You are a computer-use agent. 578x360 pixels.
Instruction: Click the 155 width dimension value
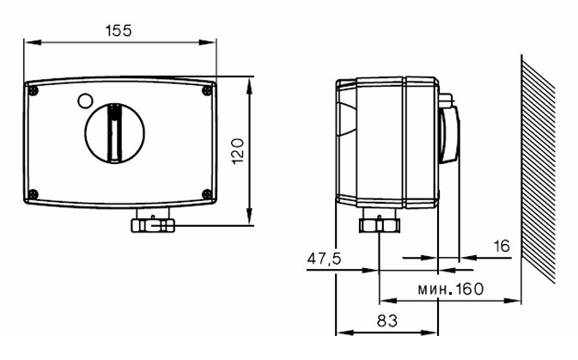pyautogui.click(x=119, y=30)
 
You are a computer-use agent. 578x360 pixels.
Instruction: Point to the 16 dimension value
pyautogui.click(x=502, y=247)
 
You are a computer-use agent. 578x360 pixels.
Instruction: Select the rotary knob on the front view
pyautogui.click(x=114, y=131)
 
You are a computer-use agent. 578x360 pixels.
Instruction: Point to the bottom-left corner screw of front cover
pyautogui.click(x=33, y=192)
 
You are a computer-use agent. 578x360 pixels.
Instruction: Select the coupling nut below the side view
pyautogui.click(x=379, y=225)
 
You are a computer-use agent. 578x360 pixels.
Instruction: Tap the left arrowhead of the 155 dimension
pyautogui.click(x=28, y=41)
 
